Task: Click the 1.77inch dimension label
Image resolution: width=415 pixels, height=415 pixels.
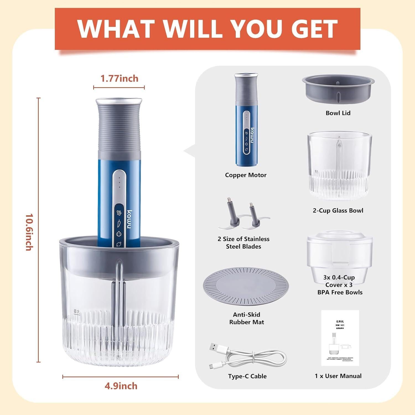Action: [119, 79]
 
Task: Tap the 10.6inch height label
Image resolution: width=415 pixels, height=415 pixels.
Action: [29, 232]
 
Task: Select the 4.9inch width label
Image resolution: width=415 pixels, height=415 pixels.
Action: [121, 386]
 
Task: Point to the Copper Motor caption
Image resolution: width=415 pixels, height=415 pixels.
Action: [246, 175]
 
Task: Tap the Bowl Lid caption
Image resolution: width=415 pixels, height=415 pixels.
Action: [338, 113]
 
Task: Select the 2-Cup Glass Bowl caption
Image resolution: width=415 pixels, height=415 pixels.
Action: [338, 211]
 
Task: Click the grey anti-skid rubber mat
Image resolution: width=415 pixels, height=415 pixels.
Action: [246, 286]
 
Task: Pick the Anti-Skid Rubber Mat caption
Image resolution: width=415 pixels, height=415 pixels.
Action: [247, 318]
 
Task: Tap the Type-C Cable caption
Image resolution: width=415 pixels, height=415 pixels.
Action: [247, 376]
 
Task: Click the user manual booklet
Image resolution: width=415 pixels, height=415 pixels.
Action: [340, 338]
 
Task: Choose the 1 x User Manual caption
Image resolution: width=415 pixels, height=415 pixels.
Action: [338, 376]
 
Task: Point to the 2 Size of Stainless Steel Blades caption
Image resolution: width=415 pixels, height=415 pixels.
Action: [243, 243]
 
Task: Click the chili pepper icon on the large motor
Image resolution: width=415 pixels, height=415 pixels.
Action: [119, 223]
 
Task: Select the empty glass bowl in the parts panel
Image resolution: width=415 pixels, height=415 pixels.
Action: [339, 166]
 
